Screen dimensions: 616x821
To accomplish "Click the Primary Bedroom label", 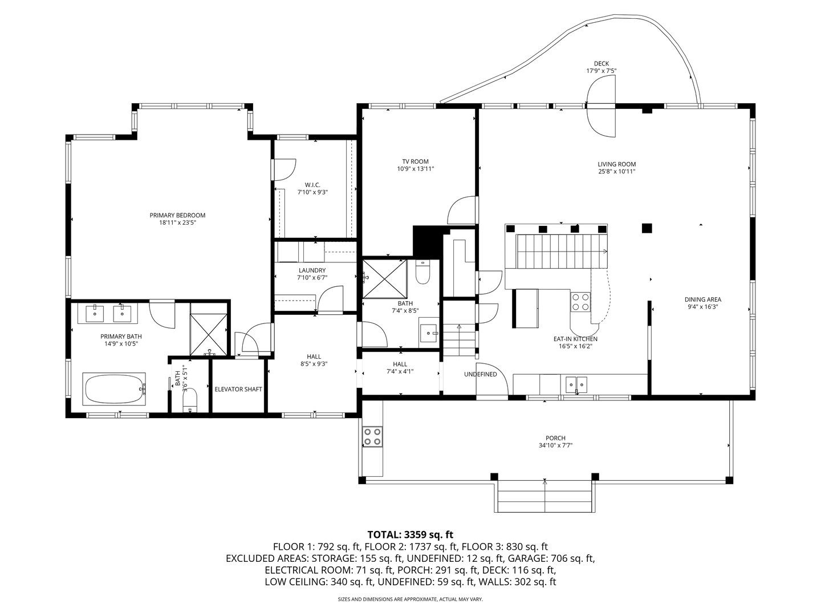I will click(x=177, y=215).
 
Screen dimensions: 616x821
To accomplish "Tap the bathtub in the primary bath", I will click(x=115, y=389).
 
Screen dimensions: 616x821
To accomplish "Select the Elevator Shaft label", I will click(x=238, y=390).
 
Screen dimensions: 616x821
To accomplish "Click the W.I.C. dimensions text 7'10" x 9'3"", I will click(x=312, y=192).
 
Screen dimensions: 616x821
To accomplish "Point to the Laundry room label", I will click(x=312, y=270).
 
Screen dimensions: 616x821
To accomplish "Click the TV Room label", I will click(x=416, y=161).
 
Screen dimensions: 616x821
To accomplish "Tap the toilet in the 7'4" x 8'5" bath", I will click(x=423, y=273).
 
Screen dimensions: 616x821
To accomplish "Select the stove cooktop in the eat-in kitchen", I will click(x=580, y=301).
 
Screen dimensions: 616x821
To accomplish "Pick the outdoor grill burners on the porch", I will click(x=373, y=436).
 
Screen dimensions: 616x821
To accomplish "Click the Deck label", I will click(x=601, y=63).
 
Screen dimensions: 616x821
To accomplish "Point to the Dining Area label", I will click(x=702, y=299).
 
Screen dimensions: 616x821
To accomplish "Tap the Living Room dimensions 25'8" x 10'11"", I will click(x=616, y=171).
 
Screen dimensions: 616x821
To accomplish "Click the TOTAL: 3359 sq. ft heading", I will click(x=410, y=534).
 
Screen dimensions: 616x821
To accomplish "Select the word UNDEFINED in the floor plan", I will click(x=480, y=375).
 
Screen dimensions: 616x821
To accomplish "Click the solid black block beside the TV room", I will click(x=426, y=241).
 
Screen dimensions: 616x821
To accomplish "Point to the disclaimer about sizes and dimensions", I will click(x=410, y=599).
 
